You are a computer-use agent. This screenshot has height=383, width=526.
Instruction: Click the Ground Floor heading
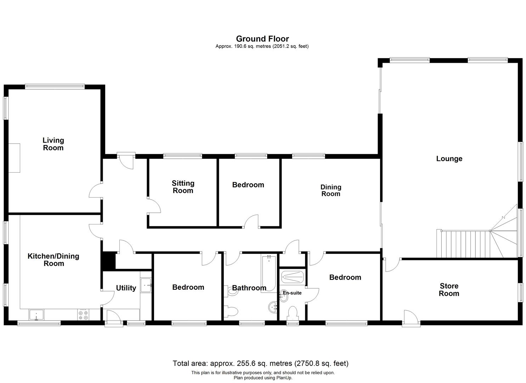point(262,39)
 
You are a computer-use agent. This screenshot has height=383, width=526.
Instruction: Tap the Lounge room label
point(449,159)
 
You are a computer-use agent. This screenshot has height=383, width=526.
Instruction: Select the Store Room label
point(449,289)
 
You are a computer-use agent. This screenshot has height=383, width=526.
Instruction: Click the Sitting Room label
point(183,187)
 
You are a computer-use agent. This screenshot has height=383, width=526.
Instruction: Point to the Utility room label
point(126,288)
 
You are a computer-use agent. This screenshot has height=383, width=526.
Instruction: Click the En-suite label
point(292,293)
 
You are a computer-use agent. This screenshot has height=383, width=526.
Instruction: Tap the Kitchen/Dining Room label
point(53,260)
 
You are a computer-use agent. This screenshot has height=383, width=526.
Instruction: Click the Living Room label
point(53,144)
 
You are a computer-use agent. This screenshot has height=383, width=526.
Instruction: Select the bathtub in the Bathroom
point(268,274)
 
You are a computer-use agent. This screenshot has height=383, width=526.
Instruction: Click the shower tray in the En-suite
point(292,277)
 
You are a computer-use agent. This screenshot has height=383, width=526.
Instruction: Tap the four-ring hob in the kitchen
point(83,315)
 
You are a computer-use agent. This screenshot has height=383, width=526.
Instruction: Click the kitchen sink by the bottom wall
point(36,315)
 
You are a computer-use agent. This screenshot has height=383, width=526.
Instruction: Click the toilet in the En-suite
point(293,313)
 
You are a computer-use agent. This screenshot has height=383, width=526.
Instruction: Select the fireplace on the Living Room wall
point(14,158)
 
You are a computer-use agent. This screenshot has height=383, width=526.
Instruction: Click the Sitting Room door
point(154,206)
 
